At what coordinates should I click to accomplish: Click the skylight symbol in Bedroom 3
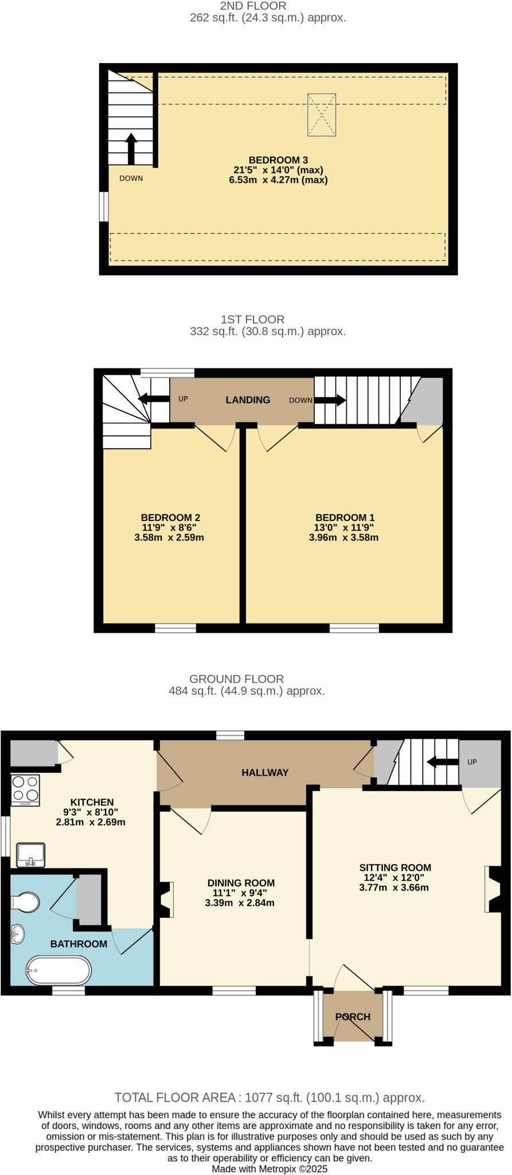click(x=322, y=115)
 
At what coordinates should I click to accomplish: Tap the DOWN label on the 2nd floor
click(x=131, y=178)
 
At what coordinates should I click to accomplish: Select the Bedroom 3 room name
click(x=274, y=160)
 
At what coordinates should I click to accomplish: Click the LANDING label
click(x=248, y=400)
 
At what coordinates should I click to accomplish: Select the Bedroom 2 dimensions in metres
click(x=169, y=538)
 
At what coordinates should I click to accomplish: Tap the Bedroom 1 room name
click(x=341, y=518)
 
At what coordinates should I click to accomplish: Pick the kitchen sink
click(x=30, y=855)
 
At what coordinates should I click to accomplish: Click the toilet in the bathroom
click(x=25, y=902)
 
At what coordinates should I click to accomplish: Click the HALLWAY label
click(x=264, y=773)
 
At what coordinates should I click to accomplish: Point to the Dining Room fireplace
click(x=166, y=900)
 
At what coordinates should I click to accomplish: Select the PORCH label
click(x=353, y=1017)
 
